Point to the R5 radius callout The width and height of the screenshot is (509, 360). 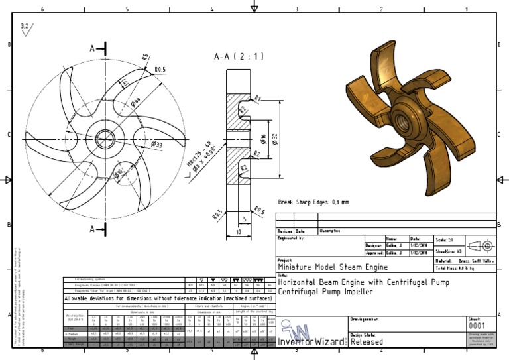[x=145, y=57]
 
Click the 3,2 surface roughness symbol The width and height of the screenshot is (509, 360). [x=26, y=27]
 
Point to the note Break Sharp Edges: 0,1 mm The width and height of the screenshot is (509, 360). [x=313, y=202]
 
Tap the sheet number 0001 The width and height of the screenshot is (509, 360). [x=477, y=326]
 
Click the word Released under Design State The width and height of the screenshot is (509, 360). [x=367, y=342]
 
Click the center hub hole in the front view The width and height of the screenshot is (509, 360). [x=105, y=139]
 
